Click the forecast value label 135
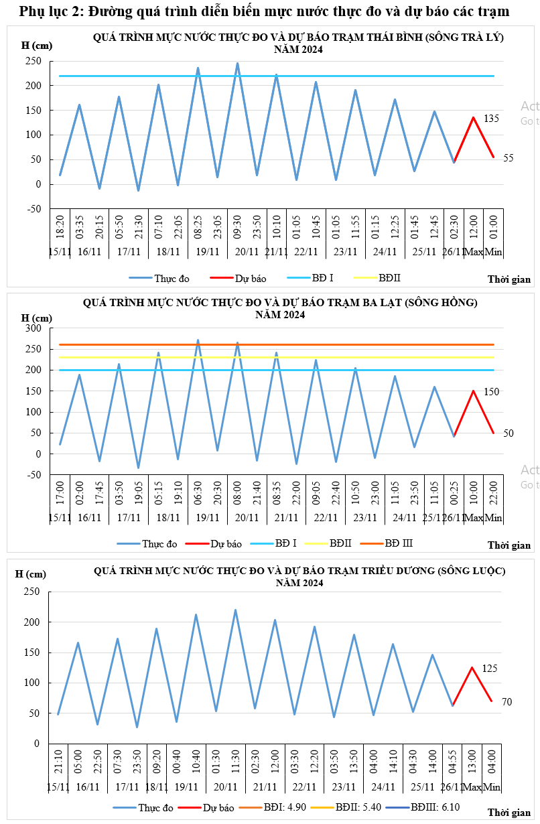[x=491, y=119]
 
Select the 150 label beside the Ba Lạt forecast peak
[x=491, y=392]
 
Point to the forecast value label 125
[x=490, y=669]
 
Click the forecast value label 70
[x=507, y=702]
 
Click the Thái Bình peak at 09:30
[x=237, y=64]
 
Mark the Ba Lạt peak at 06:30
[x=198, y=340]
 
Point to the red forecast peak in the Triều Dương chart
[x=472, y=667]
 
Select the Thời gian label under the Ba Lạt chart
[x=509, y=545]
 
